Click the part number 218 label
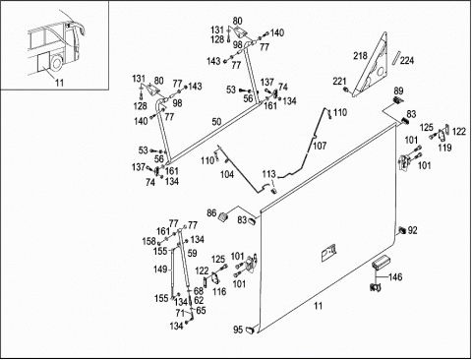coord(360,56)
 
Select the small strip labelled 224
coord(397,58)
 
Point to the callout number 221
coord(339,81)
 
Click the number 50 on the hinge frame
coord(216,122)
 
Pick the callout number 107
coord(320,146)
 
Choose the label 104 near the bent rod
coord(227,174)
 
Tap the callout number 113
coord(268,174)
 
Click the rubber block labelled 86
coord(223,217)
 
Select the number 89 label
coord(398,90)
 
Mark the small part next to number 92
coord(401,231)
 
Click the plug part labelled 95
coord(251,330)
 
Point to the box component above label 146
coord(381,262)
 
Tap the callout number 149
coord(160,270)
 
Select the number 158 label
coord(148,241)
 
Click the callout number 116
coord(219,291)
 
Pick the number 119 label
coord(444,148)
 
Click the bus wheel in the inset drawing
coord(57,62)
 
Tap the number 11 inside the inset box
coord(59,83)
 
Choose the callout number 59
coord(193,253)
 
